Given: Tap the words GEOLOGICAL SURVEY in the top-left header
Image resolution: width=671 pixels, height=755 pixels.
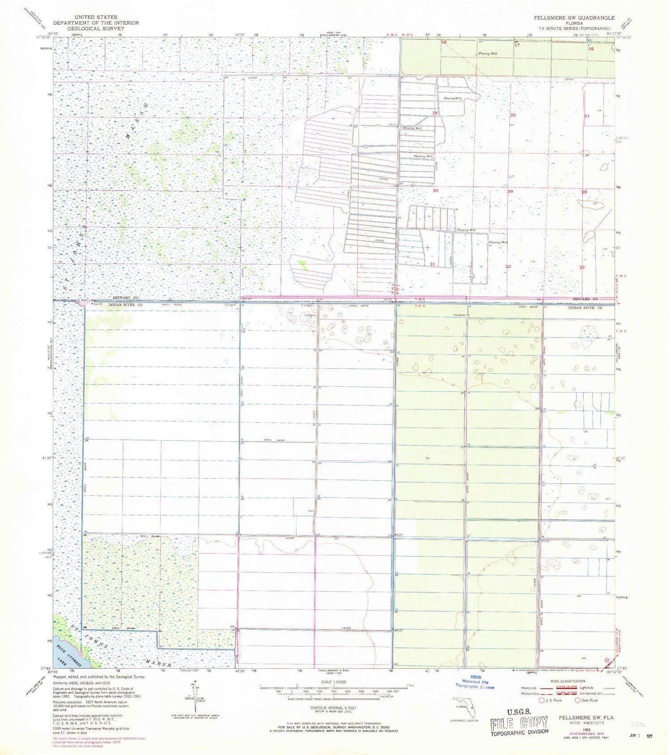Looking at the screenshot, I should click(96, 28).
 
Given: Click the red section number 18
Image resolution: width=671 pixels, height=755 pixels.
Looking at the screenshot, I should click(444, 42).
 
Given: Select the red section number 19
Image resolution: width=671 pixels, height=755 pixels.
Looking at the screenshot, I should click(435, 113).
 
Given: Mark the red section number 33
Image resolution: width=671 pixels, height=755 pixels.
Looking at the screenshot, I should click(582, 267).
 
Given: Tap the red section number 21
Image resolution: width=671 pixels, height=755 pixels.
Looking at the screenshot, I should click(587, 116).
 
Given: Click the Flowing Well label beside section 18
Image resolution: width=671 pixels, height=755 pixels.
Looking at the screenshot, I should click(488, 54).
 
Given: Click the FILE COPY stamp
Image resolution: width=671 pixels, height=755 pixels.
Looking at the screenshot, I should click(519, 721).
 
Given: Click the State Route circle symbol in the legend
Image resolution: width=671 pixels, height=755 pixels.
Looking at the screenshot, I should click(578, 700).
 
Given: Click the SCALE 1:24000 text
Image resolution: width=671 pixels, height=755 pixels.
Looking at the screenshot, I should click(333, 682).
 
